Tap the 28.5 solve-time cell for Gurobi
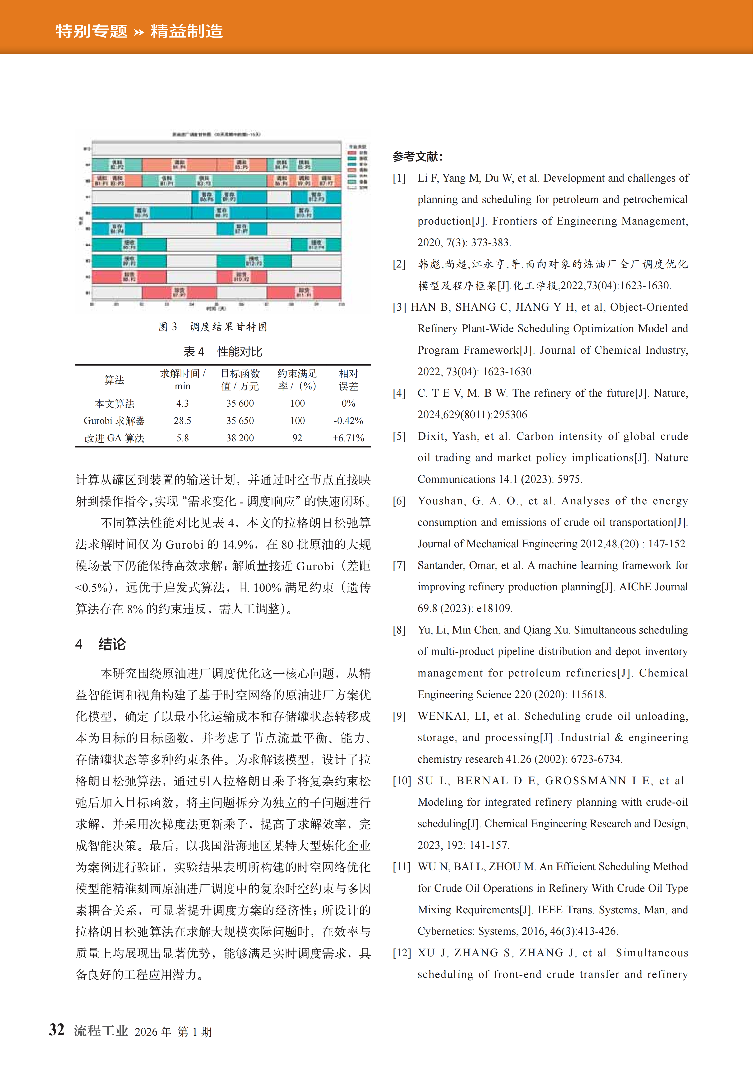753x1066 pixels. (182, 421)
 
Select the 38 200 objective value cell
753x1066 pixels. (240, 438)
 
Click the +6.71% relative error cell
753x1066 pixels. (348, 438)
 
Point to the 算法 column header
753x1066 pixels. (114, 380)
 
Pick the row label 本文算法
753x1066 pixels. (114, 404)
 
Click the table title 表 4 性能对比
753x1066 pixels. (223, 352)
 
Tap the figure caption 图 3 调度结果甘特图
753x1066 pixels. (213, 327)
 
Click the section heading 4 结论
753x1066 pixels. (101, 644)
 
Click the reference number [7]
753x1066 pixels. (399, 565)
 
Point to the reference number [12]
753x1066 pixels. (402, 953)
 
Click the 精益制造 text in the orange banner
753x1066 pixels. (186, 31)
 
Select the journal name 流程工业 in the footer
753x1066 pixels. (101, 1031)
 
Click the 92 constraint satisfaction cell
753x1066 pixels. (297, 438)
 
